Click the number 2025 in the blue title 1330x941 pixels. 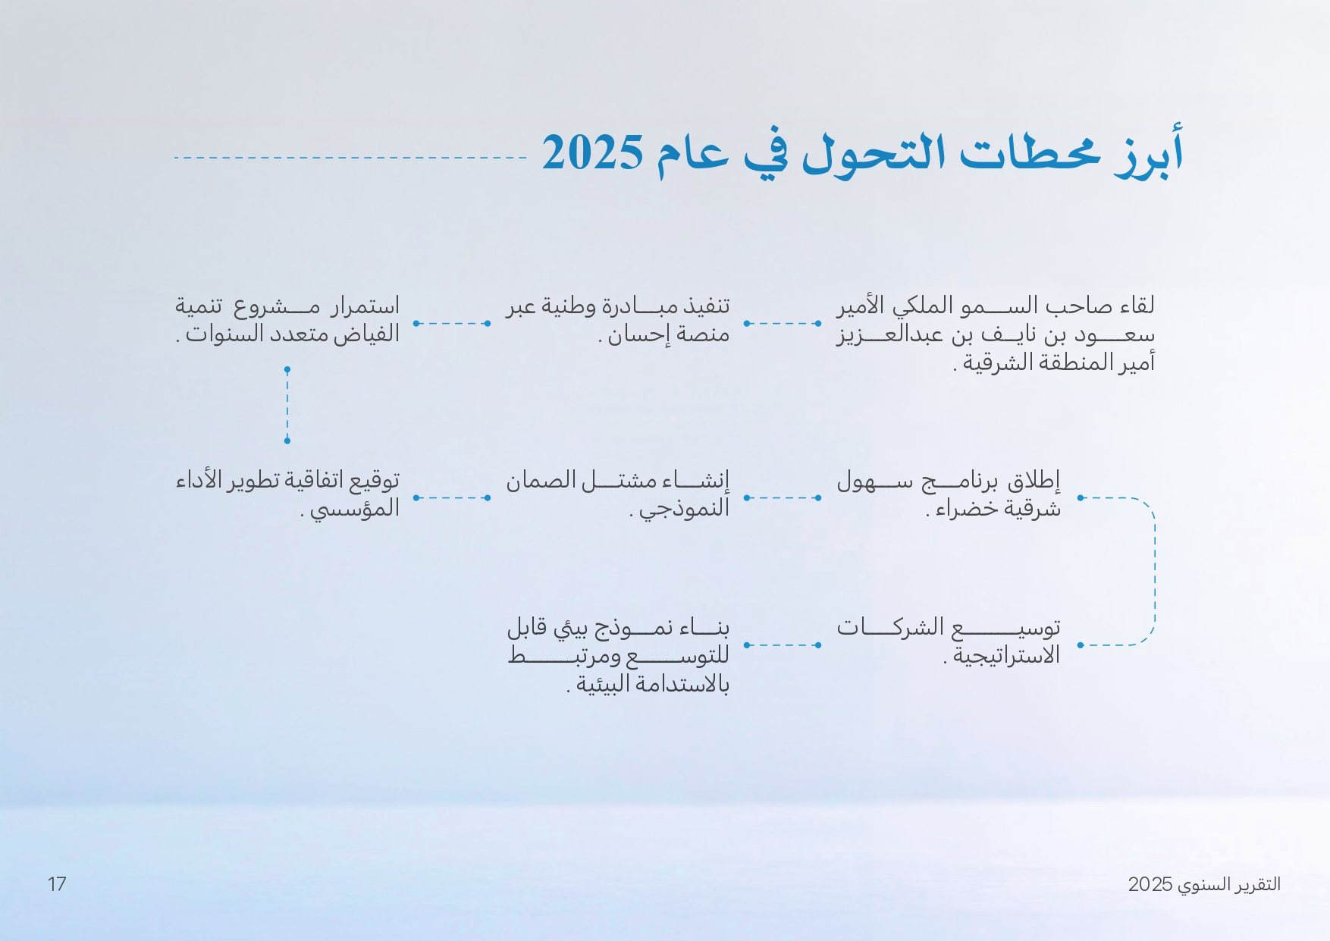pyautogui.click(x=592, y=152)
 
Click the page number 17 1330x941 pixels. pyautogui.click(x=57, y=884)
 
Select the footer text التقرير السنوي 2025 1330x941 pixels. pyautogui.click(x=1204, y=884)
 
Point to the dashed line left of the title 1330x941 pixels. pyautogui.click(x=350, y=158)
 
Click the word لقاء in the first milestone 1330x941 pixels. pyautogui.click(x=1136, y=306)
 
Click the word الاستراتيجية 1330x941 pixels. pyautogui.click(x=1006, y=656)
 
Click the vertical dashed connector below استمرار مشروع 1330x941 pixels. pyautogui.click(x=287, y=405)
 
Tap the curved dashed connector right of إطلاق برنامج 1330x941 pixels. pyautogui.click(x=1154, y=571)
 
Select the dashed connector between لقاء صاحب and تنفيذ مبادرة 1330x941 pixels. pyautogui.click(x=782, y=323)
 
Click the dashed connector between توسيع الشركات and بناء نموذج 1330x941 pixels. pyautogui.click(x=782, y=645)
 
